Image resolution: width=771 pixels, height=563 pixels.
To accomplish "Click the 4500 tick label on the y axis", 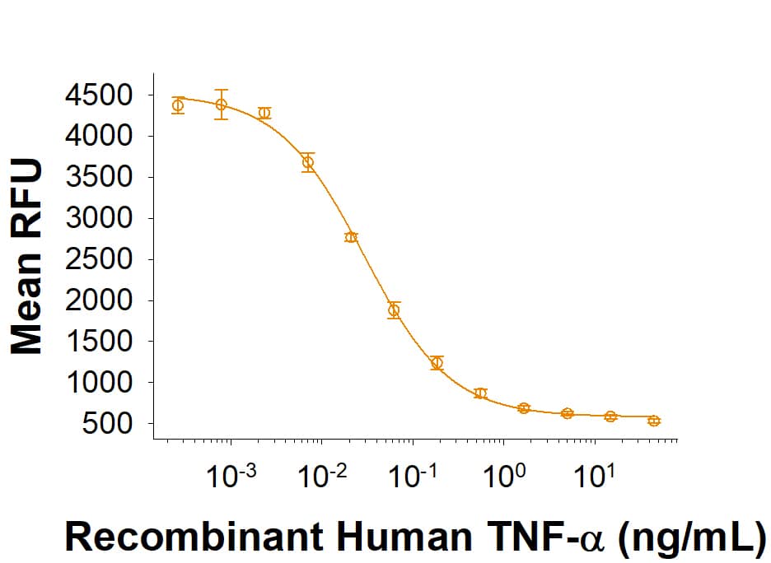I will pyautogui.click(x=99, y=95).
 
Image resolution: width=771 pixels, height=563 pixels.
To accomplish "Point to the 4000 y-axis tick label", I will pyautogui.click(x=99, y=137).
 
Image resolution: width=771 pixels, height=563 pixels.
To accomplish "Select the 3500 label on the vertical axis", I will pyautogui.click(x=99, y=178).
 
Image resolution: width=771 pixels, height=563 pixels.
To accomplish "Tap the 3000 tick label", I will pyautogui.click(x=99, y=219).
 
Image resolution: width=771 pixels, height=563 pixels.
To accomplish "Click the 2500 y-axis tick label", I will pyautogui.click(x=99, y=260).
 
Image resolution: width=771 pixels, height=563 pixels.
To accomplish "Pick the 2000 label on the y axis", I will pyautogui.click(x=99, y=301).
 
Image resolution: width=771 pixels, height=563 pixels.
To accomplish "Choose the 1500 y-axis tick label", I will pyautogui.click(x=99, y=342).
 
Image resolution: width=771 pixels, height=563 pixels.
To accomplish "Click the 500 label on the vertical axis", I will pyautogui.click(x=111, y=425).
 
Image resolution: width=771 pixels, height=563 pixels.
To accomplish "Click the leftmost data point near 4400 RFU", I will pyautogui.click(x=178, y=105).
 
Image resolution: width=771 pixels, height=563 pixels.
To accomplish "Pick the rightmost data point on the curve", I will pyautogui.click(x=654, y=421).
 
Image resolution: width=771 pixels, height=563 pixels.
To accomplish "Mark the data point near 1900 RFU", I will pyautogui.click(x=394, y=310).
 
